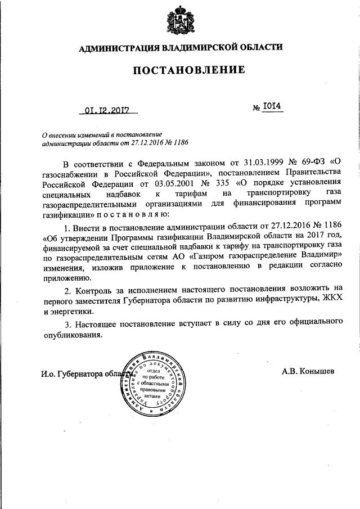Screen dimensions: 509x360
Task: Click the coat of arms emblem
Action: [x=180, y=21]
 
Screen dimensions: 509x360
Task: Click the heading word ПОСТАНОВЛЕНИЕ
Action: [x=189, y=70]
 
